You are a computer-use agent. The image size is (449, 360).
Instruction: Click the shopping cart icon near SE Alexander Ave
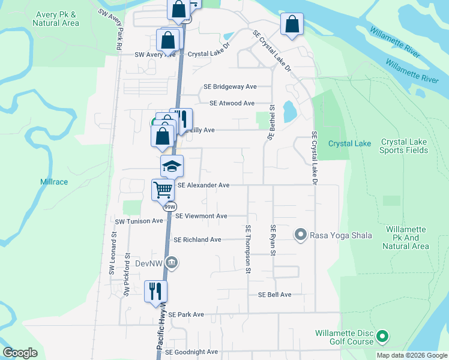163,190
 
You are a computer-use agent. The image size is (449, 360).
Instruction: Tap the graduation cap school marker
172,166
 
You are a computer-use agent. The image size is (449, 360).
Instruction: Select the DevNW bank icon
172,262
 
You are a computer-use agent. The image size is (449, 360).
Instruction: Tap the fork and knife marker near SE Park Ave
155,291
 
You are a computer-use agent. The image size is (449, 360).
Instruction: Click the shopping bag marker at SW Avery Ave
168,40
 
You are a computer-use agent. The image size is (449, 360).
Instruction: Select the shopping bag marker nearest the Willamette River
292,25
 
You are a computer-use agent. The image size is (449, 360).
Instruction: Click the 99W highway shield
169,207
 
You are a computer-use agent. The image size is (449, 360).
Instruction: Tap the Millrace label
54,181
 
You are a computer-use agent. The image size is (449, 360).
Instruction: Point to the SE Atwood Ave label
232,103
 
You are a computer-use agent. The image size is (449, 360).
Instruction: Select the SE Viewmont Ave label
201,216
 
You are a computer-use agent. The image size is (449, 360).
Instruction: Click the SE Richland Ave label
197,239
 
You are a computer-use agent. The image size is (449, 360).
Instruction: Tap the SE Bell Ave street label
274,295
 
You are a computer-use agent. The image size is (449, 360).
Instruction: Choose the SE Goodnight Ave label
191,352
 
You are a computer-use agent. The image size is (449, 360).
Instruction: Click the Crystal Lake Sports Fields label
404,146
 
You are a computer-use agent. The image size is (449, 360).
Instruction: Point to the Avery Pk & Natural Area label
56,19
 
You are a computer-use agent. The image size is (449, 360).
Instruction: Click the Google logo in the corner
20,352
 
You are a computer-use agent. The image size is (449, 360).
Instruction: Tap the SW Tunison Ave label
139,221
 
